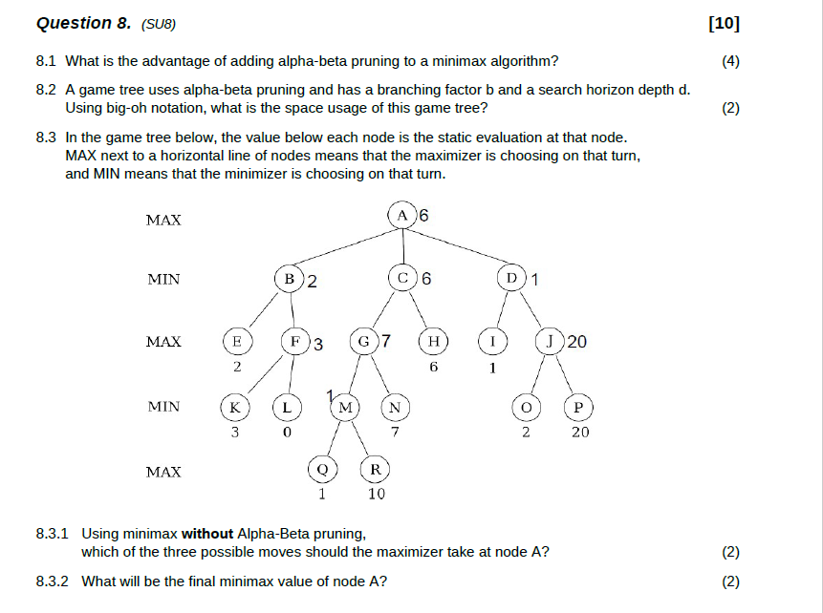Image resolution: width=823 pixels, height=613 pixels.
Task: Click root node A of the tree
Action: [402, 216]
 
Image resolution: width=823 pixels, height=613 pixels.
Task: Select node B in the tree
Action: [290, 280]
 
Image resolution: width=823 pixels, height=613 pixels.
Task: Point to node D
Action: [512, 280]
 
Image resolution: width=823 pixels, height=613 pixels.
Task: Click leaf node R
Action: [376, 469]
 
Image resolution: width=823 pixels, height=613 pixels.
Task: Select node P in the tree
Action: [578, 408]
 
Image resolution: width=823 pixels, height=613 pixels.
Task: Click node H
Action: [434, 342]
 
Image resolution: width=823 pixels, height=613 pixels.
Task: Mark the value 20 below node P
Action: [580, 433]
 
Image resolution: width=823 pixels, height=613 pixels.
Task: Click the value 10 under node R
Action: [377, 494]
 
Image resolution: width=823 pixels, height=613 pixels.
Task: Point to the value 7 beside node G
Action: [385, 341]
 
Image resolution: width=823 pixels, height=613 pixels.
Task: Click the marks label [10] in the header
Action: [725, 24]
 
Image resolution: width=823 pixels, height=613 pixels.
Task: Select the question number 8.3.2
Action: [54, 581]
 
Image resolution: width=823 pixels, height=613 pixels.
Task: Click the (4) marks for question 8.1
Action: [730, 62]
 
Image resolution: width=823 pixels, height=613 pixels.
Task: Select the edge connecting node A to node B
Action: [345, 248]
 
